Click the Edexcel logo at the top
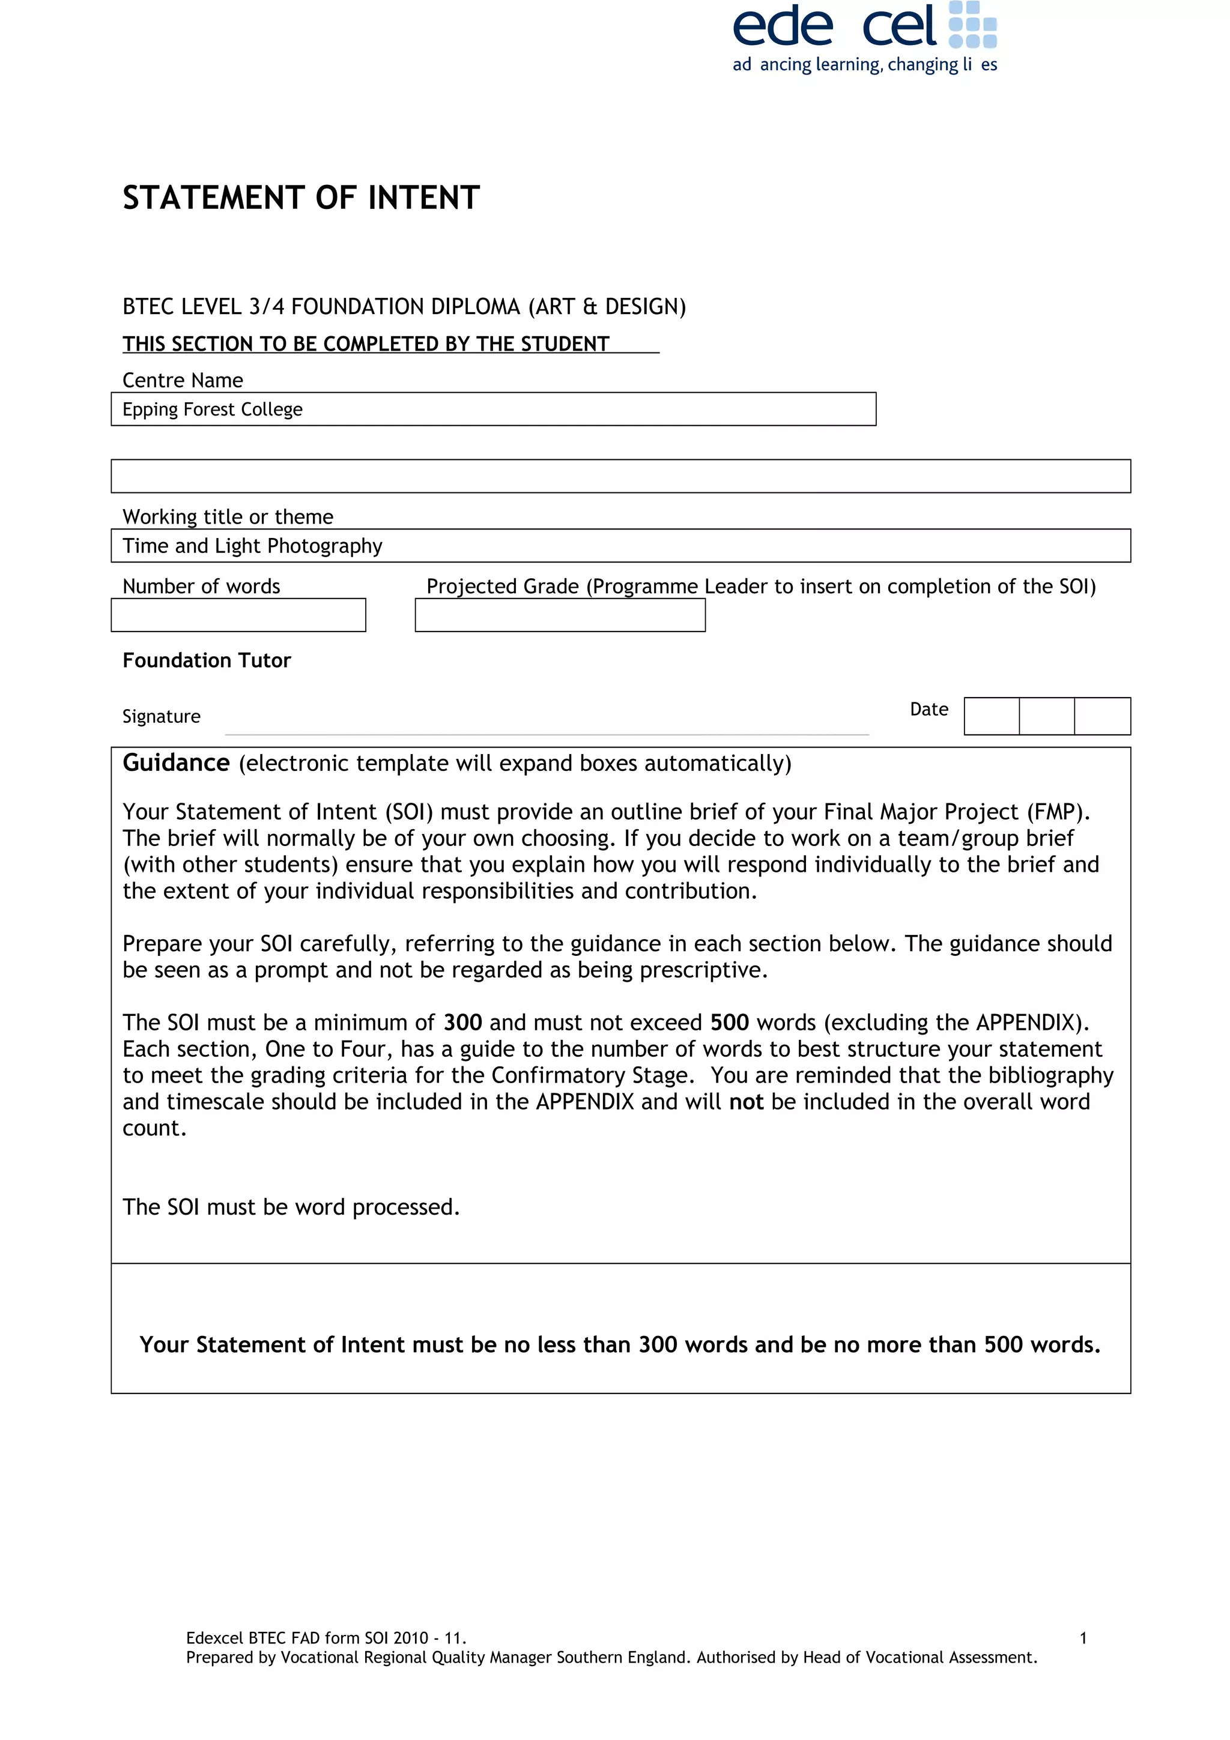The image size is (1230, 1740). pos(864,37)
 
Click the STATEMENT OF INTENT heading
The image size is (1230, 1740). pos(301,198)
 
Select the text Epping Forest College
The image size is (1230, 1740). pos(212,409)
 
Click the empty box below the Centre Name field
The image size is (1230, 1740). pos(620,476)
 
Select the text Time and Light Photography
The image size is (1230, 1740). pos(252,546)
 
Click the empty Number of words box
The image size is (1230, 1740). pos(238,615)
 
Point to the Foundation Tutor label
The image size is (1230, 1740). pos(206,660)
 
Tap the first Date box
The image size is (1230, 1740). pos(992,716)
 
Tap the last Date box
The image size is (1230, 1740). pos(1102,716)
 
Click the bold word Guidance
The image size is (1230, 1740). pos(176,763)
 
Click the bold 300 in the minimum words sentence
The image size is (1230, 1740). pos(462,1023)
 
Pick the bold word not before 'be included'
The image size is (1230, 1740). pos(746,1101)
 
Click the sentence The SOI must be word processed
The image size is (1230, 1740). pos(291,1206)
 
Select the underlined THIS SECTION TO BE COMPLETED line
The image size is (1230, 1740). pos(366,344)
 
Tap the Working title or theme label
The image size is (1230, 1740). pos(228,516)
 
